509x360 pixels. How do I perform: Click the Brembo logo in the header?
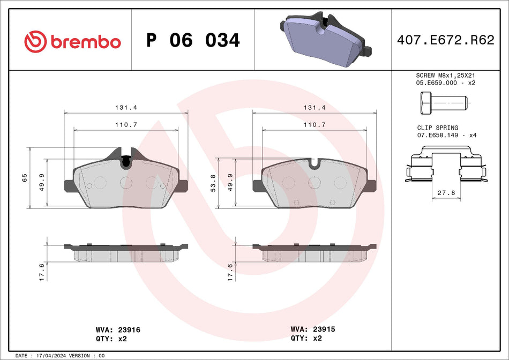click(x=72, y=41)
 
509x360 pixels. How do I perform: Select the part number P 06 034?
click(x=193, y=41)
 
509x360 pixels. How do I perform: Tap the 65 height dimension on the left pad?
click(x=25, y=178)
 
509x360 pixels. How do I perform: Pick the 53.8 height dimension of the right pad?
click(x=213, y=183)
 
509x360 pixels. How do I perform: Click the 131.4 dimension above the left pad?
click(x=126, y=108)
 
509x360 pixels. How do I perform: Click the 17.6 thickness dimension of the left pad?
click(x=42, y=272)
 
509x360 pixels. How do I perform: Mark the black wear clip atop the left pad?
click(x=126, y=160)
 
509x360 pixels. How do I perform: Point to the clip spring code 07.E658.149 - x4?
click(x=446, y=136)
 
